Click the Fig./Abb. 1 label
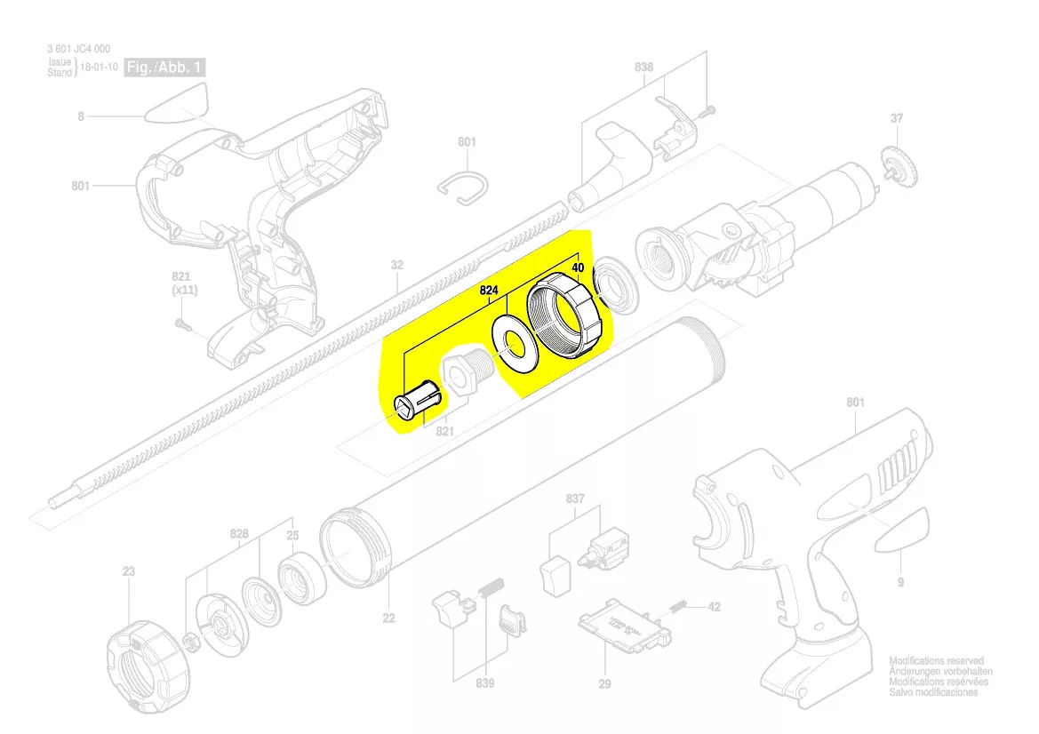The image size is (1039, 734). tap(167, 68)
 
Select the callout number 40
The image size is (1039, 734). tap(578, 267)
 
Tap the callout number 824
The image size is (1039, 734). tap(489, 290)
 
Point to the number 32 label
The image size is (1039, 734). tap(397, 265)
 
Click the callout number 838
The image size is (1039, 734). tap(644, 68)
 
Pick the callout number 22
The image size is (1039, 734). tap(388, 618)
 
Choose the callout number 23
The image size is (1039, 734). tap(129, 571)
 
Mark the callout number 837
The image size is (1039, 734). tap(575, 499)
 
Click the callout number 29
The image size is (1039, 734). tap(604, 683)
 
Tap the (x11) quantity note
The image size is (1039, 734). tap(185, 291)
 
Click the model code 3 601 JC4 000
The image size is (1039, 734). tap(79, 50)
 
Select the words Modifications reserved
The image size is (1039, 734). tap(936, 661)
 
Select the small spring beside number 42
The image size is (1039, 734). tap(677, 606)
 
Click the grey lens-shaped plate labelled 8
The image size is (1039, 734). tap(173, 105)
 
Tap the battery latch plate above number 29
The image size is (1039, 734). tap(622, 625)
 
